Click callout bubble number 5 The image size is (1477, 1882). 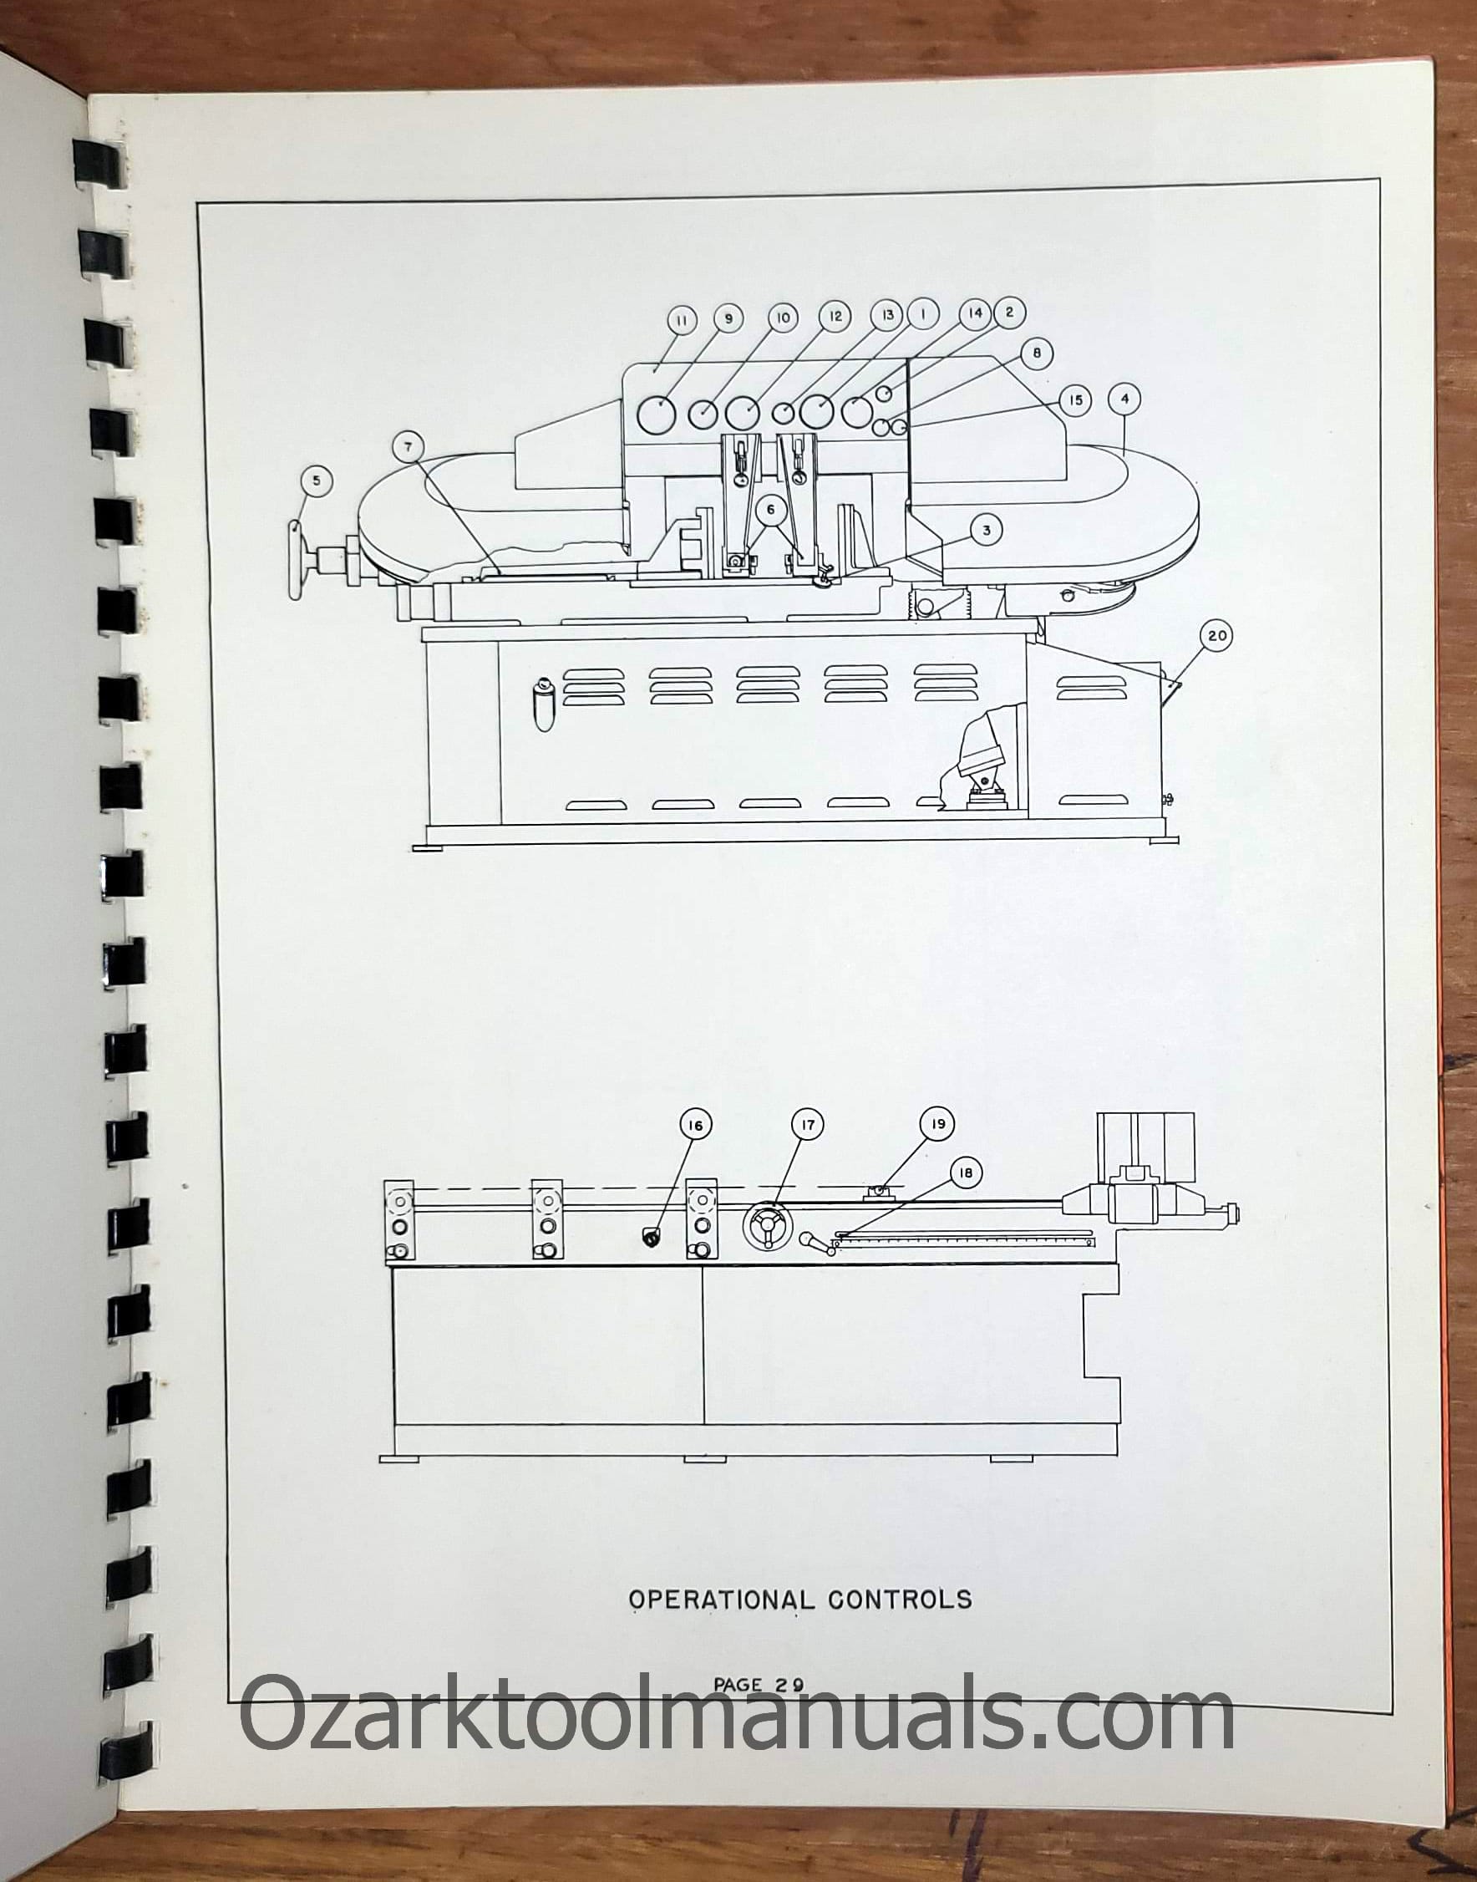click(x=317, y=481)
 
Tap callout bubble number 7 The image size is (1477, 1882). click(x=409, y=448)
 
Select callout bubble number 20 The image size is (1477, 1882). click(x=1216, y=636)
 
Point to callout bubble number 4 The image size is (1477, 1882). click(x=1124, y=399)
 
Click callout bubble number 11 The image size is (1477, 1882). click(x=682, y=320)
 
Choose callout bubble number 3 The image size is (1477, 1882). click(x=987, y=530)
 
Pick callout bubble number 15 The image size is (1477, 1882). click(x=1076, y=400)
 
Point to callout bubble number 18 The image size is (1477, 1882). click(x=966, y=1172)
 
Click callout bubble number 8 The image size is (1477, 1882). click(x=1037, y=353)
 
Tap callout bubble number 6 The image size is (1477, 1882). click(x=770, y=511)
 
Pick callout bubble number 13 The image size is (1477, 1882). click(x=887, y=316)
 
